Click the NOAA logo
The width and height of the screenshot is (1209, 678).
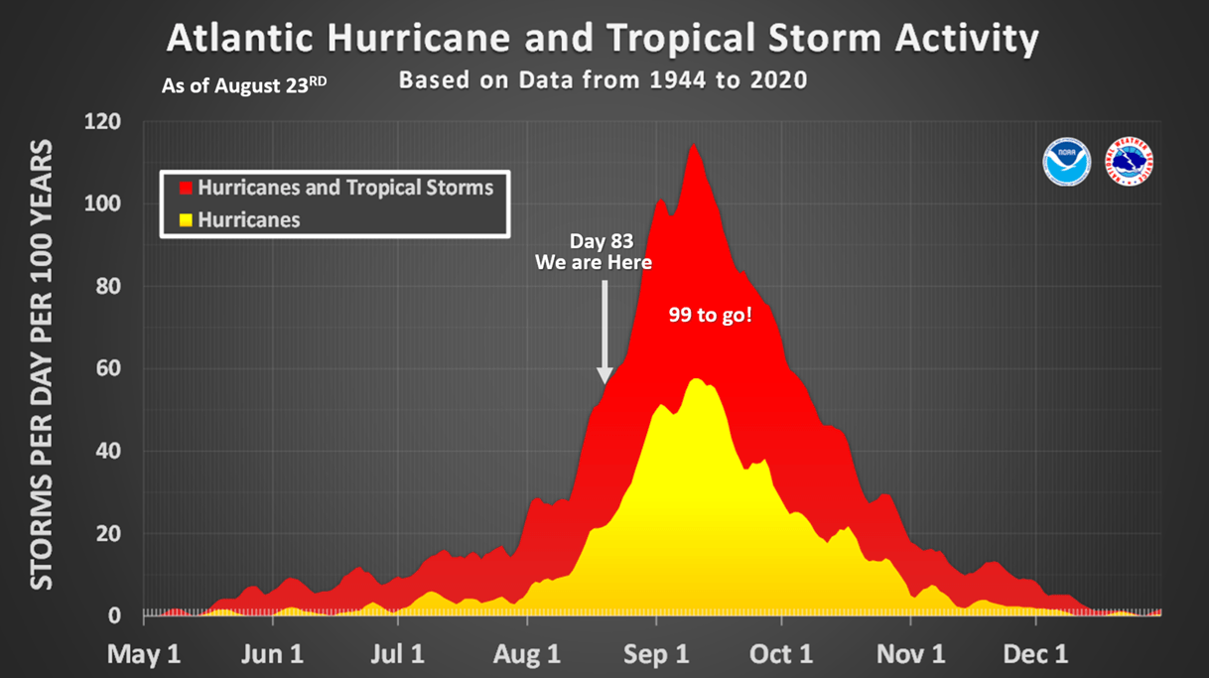[1067, 161]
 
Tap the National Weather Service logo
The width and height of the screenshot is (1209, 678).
[1130, 161]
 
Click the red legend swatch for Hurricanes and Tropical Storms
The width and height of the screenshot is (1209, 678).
[185, 188]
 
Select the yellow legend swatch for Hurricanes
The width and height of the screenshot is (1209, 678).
[185, 219]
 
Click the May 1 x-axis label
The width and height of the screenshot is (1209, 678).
[145, 654]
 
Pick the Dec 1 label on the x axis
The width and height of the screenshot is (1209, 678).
[1037, 654]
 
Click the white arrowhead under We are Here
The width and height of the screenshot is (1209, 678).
[604, 375]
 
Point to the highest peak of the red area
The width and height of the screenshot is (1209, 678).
[692, 145]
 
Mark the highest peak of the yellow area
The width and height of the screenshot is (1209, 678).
[695, 379]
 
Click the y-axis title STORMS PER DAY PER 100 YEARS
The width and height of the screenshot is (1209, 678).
[41, 368]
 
